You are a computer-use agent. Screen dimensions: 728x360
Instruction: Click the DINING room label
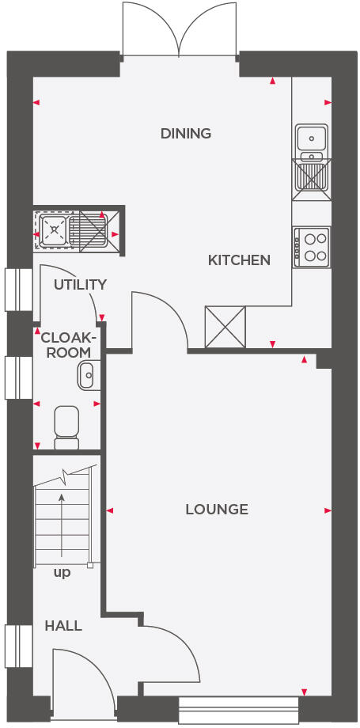pyautogui.click(x=186, y=133)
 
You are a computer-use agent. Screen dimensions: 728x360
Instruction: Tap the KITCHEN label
pyautogui.click(x=239, y=260)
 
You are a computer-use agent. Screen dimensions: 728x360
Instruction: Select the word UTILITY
pyautogui.click(x=80, y=284)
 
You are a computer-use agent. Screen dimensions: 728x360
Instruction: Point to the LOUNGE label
pyautogui.click(x=217, y=509)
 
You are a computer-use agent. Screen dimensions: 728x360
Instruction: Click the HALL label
pyautogui.click(x=63, y=625)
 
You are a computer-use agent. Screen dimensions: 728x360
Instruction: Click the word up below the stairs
pyautogui.click(x=62, y=572)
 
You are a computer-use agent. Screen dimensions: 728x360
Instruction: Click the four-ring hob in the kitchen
pyautogui.click(x=312, y=246)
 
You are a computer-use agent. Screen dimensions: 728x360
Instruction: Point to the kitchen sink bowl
pyautogui.click(x=312, y=138)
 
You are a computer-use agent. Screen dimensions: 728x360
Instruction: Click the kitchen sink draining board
pyautogui.click(x=312, y=175)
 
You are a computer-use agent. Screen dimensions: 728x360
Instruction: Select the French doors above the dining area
pyautogui.click(x=180, y=30)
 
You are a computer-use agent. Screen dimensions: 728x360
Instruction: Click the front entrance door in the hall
pyautogui.click(x=79, y=673)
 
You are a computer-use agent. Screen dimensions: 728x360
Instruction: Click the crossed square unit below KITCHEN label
pyautogui.click(x=225, y=327)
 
